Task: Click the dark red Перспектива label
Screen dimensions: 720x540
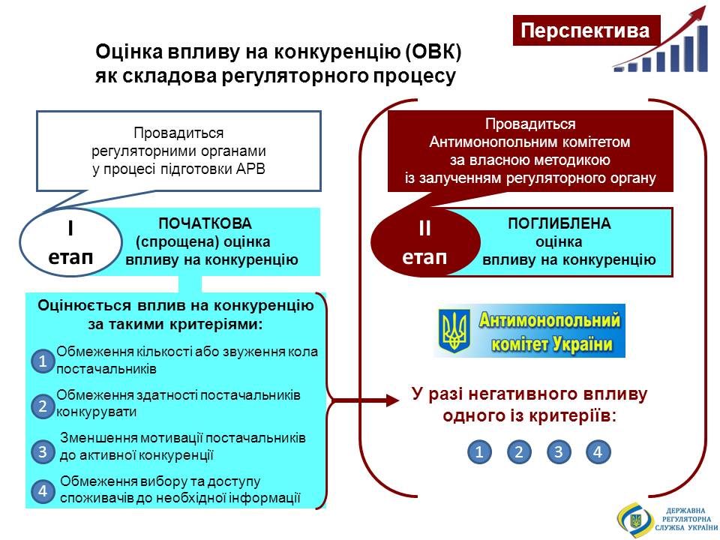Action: click(586, 30)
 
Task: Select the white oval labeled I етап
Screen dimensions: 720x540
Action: click(70, 242)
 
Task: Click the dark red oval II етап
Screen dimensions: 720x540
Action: click(425, 242)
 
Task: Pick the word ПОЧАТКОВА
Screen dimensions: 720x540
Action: click(205, 223)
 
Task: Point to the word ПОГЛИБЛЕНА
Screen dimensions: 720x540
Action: click(559, 223)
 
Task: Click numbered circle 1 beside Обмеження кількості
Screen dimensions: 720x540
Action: click(43, 361)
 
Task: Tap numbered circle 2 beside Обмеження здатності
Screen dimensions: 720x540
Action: click(43, 406)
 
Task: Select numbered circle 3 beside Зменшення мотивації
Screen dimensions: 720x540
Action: click(43, 451)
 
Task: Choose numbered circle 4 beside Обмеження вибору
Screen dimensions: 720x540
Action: click(43, 490)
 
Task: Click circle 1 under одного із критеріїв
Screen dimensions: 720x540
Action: click(479, 451)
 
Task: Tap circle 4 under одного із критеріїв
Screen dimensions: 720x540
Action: click(598, 451)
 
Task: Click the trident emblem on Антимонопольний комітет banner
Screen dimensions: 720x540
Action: click(454, 331)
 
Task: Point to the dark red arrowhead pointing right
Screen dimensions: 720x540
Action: click(393, 400)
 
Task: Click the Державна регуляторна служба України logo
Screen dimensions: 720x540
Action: click(667, 520)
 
